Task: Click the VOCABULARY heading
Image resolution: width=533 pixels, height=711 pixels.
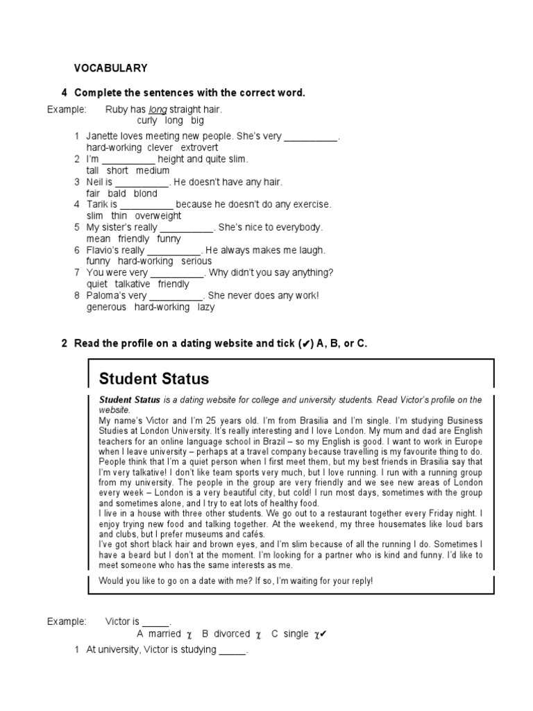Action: coord(110,68)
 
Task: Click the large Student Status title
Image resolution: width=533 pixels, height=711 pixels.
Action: coord(153,378)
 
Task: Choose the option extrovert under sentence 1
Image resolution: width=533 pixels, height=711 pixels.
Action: coord(199,148)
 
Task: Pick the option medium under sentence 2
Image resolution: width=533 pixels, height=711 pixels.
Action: coord(153,171)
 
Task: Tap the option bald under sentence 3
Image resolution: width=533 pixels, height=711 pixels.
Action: coord(117,194)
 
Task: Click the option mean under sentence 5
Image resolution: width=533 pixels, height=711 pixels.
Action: coord(99,239)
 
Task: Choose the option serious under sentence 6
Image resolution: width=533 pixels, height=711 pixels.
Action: coord(197,261)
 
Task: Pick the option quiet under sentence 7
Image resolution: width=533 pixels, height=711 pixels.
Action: coord(97,284)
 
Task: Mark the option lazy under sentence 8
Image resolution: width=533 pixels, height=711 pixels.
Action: coord(206,307)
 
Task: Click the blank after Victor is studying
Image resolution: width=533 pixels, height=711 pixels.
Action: coord(232,651)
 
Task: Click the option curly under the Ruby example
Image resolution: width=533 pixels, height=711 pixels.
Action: coord(147,121)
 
